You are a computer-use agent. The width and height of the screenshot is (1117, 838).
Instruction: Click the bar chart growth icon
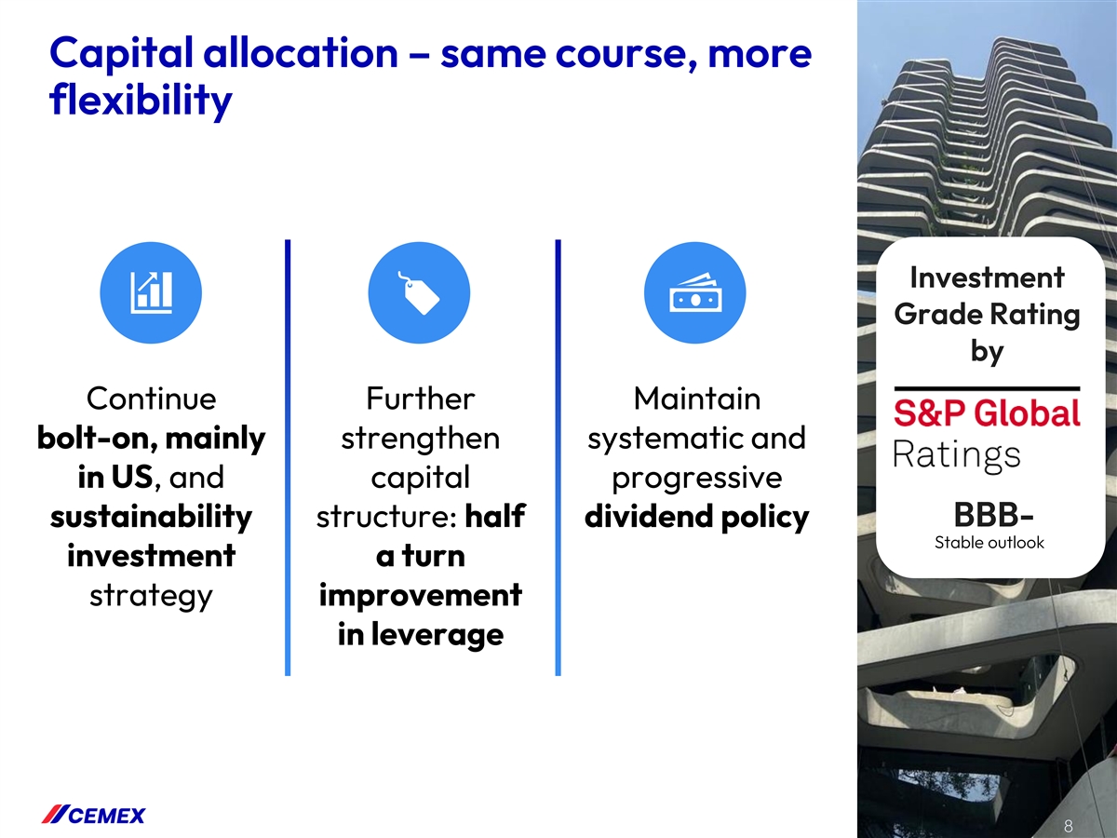tap(151, 292)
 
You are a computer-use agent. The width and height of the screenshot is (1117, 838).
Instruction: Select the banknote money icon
tap(695, 292)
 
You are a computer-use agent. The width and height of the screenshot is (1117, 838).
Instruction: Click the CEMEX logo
tap(93, 815)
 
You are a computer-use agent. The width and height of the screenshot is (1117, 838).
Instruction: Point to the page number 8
tap(1069, 825)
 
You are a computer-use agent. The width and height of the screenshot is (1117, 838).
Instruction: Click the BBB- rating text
tap(993, 515)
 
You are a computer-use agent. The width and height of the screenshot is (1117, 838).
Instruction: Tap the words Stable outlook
tap(989, 543)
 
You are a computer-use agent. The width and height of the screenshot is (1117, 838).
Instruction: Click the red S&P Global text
tap(987, 412)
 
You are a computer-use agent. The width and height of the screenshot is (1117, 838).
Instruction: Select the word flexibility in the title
tap(141, 101)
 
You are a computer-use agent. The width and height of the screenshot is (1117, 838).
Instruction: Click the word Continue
tap(151, 399)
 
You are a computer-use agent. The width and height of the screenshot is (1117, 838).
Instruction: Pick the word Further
tap(421, 399)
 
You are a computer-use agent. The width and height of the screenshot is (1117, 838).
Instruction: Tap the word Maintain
tap(696, 399)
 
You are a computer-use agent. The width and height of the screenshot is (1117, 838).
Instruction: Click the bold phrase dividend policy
tap(696, 517)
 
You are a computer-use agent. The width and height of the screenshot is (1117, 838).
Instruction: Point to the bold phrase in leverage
tap(421, 635)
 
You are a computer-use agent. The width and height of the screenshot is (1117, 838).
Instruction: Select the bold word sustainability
tap(151, 517)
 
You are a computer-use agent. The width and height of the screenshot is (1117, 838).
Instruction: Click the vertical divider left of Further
tap(288, 457)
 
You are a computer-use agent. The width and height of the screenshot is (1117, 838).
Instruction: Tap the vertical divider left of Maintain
tap(558, 457)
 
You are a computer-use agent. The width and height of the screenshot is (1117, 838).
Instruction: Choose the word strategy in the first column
tap(151, 596)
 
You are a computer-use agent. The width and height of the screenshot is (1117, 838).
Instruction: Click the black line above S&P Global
tap(987, 389)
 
